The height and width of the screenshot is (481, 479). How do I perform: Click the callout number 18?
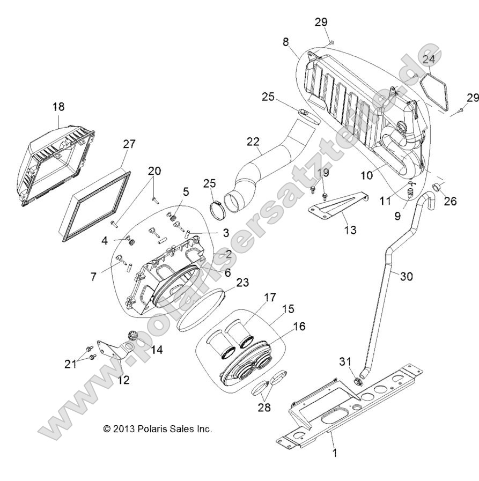[x=58, y=107]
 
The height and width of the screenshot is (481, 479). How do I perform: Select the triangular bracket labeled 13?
[x=338, y=207]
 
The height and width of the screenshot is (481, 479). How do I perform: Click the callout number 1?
[x=335, y=453]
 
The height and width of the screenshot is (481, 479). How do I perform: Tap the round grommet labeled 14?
[x=131, y=336]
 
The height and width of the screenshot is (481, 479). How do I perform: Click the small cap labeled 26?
[x=437, y=188]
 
